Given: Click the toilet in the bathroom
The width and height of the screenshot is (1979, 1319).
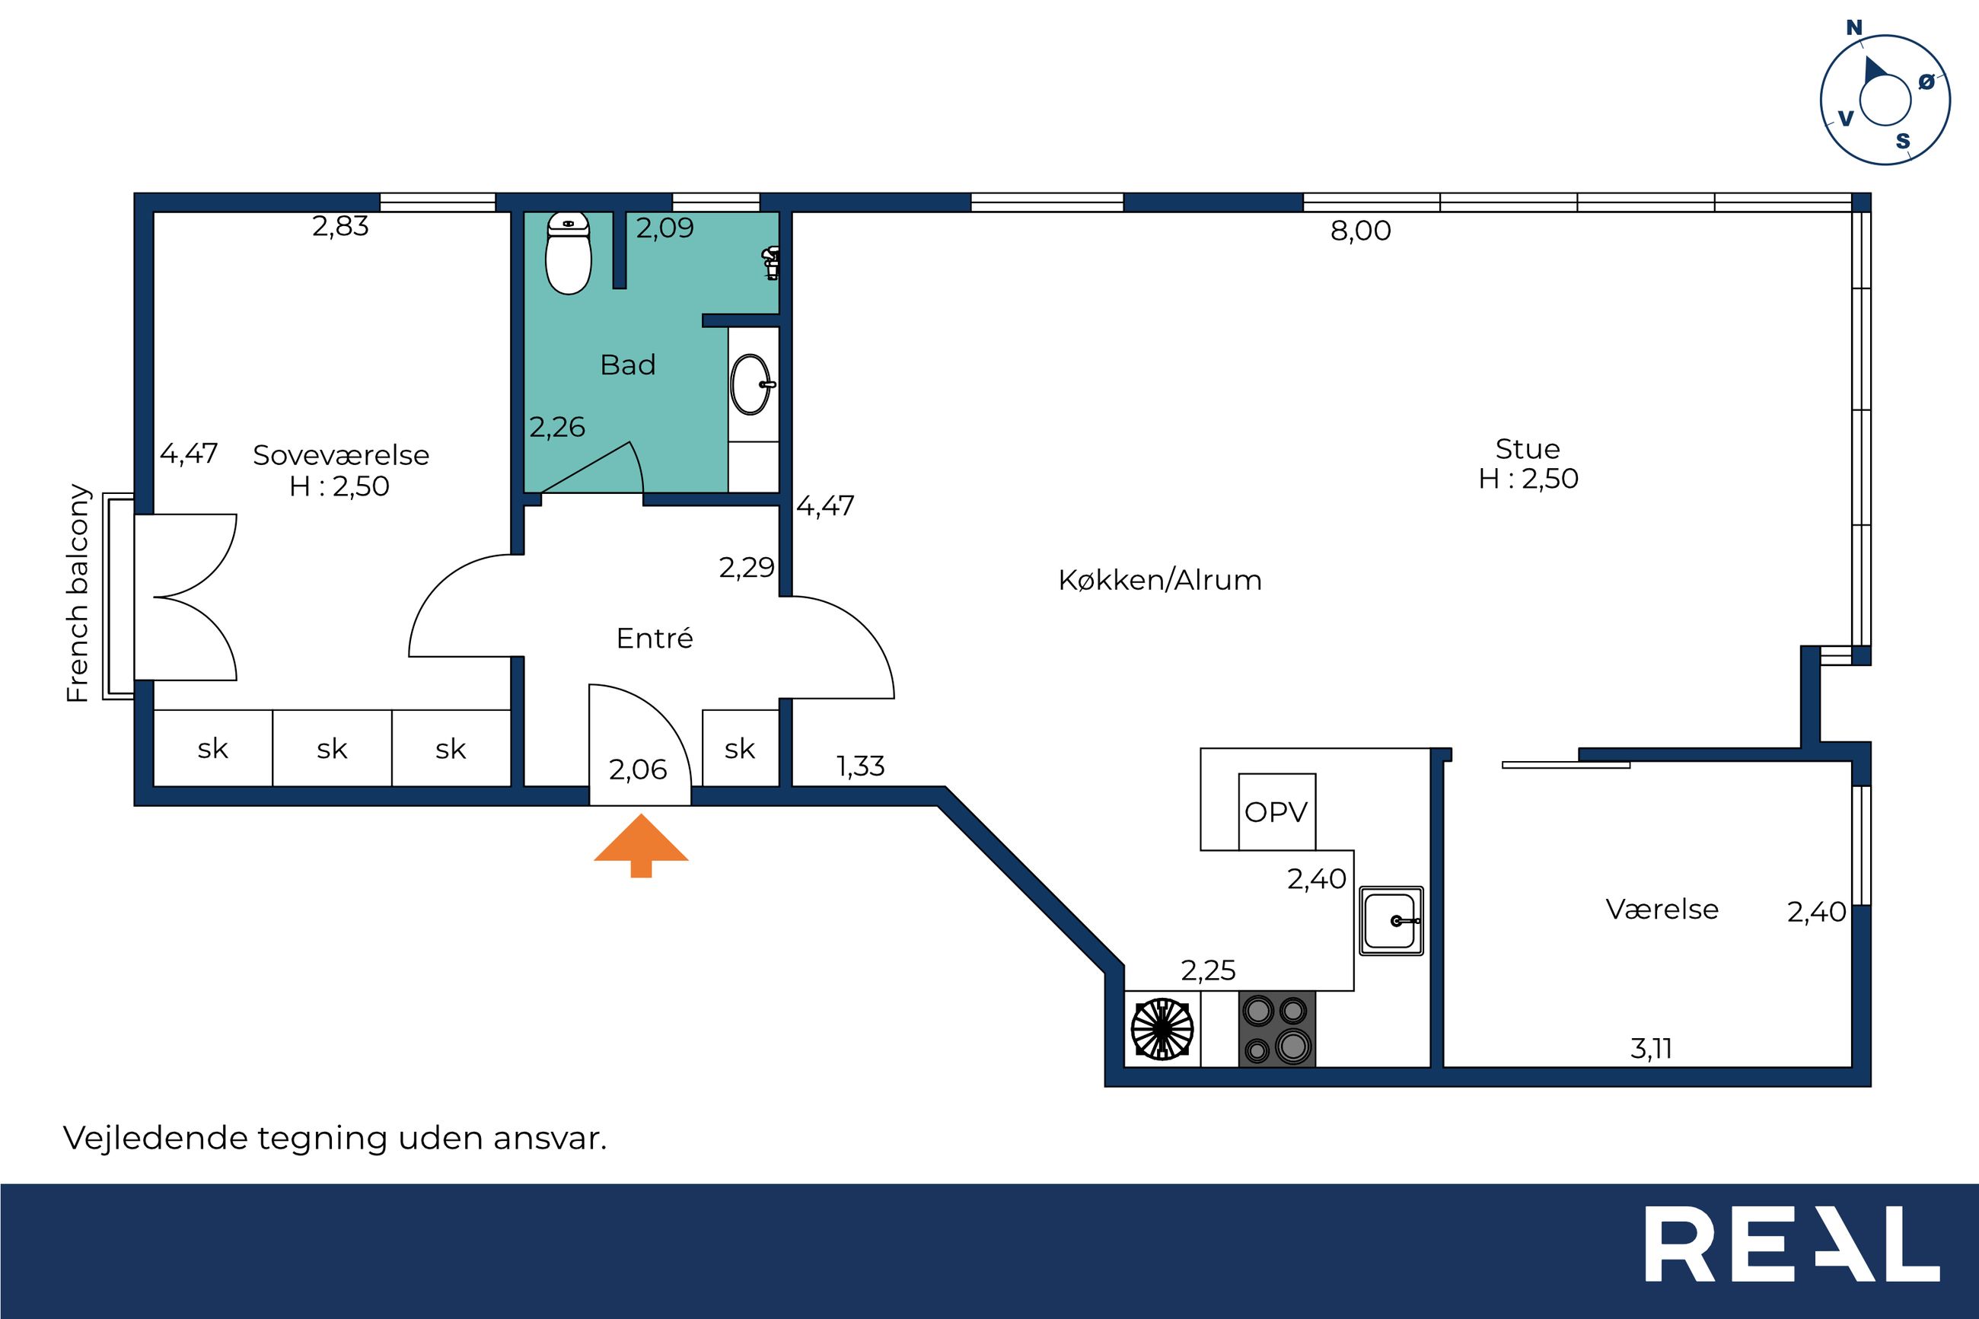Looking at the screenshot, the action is pos(569,253).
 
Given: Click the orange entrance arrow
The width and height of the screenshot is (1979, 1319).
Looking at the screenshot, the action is pos(641,846).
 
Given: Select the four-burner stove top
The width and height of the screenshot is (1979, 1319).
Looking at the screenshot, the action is pos(1276,1030).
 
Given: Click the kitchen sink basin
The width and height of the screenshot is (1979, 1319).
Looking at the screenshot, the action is pos(1392,921).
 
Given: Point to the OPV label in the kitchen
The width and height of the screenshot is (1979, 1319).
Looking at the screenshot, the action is pos(1276,812).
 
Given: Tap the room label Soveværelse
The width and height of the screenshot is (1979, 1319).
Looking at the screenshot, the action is pos(341,455).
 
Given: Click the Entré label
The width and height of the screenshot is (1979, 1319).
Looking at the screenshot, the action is pos(655,639).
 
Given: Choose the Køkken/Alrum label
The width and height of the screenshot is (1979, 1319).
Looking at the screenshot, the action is pos(1160,581).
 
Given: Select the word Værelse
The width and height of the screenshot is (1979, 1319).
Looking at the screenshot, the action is pos(1662,910).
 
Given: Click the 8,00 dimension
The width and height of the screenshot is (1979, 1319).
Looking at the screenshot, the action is pos(1361,231).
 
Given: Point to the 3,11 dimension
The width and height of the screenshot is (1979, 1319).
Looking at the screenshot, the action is pos(1651,1049).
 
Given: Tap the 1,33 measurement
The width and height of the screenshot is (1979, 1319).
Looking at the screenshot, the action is pos(860,766).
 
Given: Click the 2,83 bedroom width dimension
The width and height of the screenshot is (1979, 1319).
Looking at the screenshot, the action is pos(341,226).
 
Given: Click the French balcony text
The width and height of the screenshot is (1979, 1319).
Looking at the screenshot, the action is pos(78,593).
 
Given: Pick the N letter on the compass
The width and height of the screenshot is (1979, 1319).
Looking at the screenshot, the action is pos(1853,27).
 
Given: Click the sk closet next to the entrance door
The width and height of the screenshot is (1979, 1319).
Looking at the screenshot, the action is pos(740,748).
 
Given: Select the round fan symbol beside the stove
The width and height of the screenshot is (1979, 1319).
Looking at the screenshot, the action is pos(1162,1029).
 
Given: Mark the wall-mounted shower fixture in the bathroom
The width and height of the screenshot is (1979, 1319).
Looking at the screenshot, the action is pos(771,263).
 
